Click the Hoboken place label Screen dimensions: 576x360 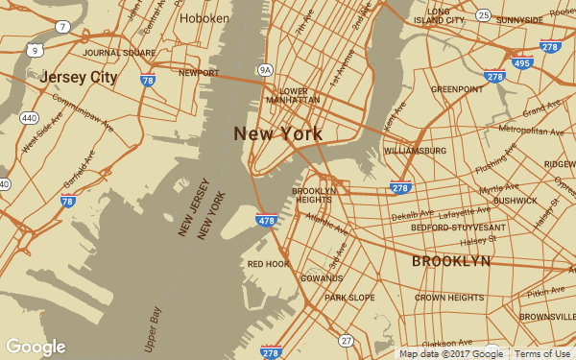click(204, 18)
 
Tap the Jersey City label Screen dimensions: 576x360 click(79, 77)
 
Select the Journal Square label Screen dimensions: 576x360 click(119, 53)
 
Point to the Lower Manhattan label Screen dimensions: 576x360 click(293, 95)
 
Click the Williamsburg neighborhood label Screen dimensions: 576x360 click(415, 151)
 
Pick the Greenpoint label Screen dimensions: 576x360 click(456, 89)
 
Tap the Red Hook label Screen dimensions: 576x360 click(268, 263)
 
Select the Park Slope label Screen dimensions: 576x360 click(349, 298)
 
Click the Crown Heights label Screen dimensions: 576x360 click(449, 298)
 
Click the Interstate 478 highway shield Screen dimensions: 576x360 click(267, 221)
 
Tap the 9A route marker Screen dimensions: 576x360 click(266, 69)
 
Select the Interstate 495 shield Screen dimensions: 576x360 click(521, 63)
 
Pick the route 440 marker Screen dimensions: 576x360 click(29, 118)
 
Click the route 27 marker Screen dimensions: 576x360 click(346, 340)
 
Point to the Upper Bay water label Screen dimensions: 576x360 click(155, 327)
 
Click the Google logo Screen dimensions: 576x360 click(36, 347)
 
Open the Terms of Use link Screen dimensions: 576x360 click(542, 353)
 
